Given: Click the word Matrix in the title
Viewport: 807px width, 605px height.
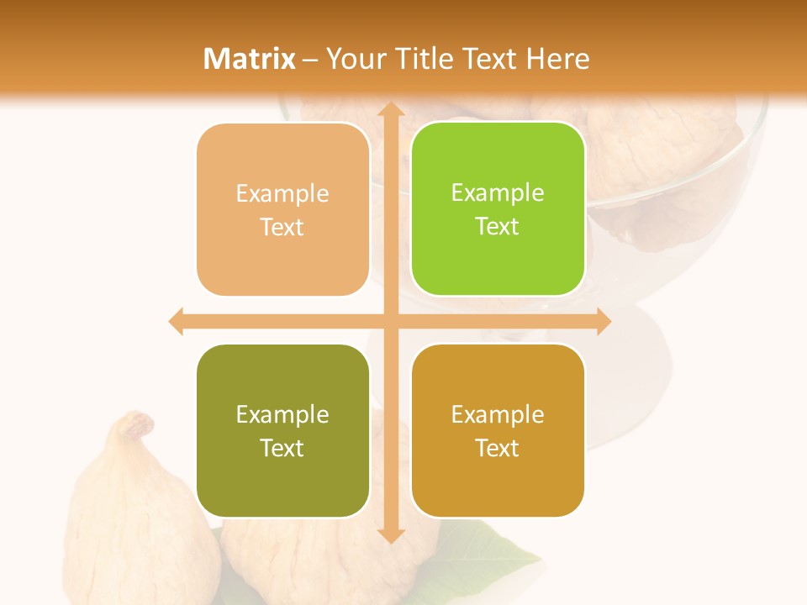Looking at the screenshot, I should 251,59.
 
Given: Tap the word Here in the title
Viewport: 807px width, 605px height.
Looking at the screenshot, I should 557,59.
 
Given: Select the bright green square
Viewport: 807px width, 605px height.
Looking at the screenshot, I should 498,209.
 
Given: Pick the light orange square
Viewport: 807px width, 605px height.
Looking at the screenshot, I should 282,210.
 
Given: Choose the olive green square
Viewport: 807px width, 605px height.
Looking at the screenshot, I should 282,430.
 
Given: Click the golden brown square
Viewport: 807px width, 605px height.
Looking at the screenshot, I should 498,430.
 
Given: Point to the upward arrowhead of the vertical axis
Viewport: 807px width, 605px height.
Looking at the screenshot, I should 390,109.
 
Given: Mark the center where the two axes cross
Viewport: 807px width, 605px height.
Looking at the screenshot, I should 390,321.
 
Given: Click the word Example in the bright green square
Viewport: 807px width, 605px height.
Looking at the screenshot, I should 498,192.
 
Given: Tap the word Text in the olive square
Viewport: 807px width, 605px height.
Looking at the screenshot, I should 282,448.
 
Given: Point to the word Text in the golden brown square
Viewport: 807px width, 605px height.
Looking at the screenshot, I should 497,448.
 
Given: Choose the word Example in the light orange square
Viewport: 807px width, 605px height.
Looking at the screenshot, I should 282,193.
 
